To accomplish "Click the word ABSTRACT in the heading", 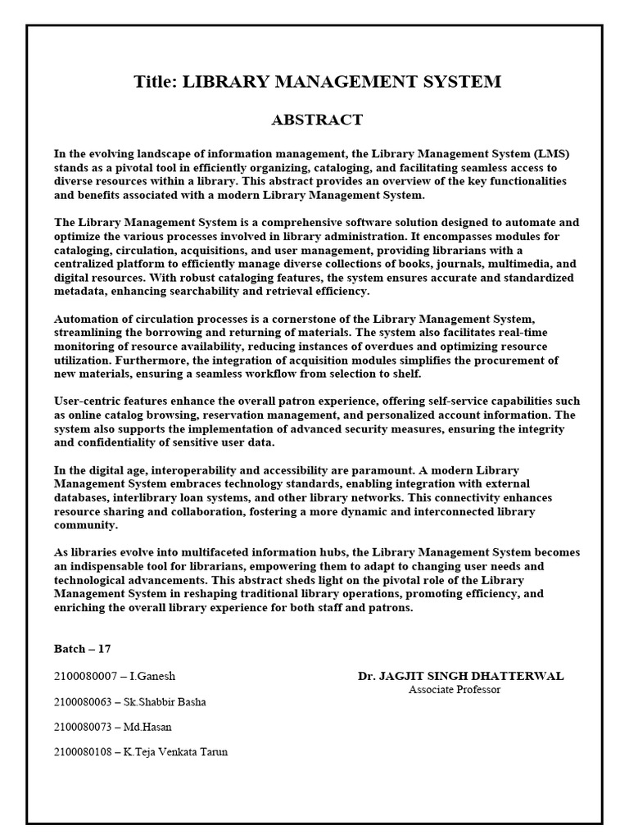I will pos(317,120).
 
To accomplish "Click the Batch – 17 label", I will pos(82,649).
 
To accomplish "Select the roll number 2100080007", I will pos(83,677).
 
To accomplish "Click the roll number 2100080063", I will pos(83,702).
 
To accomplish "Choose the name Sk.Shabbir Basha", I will pos(165,702).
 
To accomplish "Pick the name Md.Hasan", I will pos(148,727).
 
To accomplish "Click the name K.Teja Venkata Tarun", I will pos(176,752).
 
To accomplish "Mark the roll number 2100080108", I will pos(83,752).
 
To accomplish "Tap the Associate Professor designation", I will pos(455,689).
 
